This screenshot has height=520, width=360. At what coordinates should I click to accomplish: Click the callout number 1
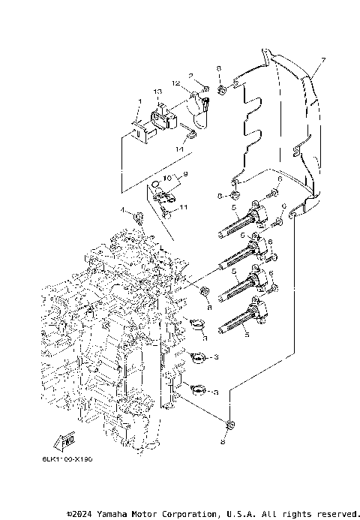(x=139, y=101)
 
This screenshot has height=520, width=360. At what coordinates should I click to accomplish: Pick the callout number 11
(x=184, y=207)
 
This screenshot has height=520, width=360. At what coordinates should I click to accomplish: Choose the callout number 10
(x=169, y=178)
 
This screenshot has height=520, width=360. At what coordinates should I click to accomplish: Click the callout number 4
(x=122, y=209)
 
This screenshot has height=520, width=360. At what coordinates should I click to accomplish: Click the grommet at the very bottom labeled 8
(x=231, y=426)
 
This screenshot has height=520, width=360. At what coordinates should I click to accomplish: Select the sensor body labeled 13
(x=160, y=118)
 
